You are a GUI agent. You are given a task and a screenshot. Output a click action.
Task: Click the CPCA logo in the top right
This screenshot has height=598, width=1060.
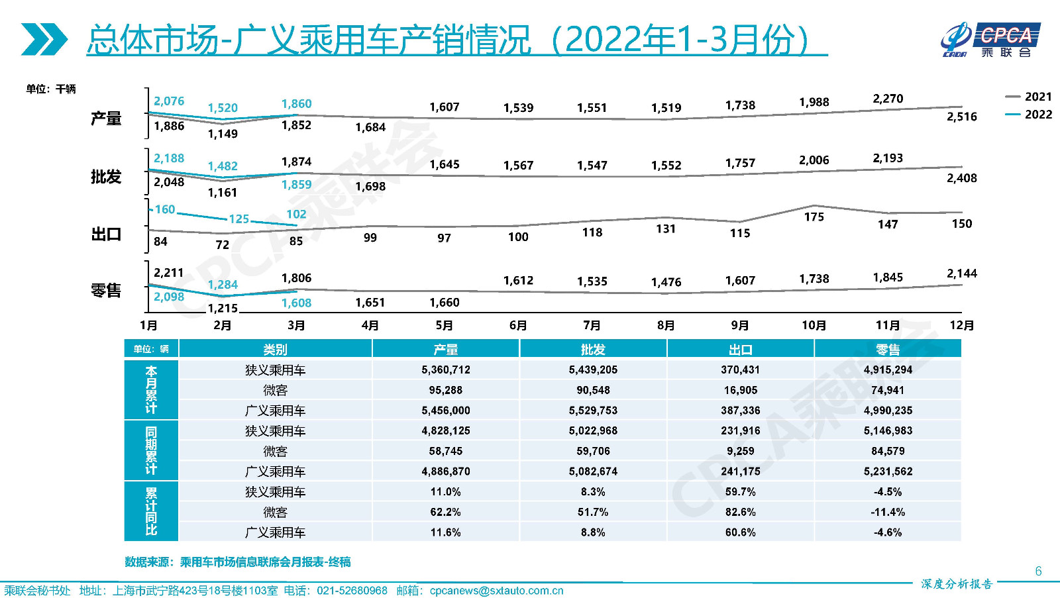pyautogui.click(x=990, y=40)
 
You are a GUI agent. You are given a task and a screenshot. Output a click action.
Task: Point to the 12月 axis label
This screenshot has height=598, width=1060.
pyautogui.click(x=961, y=325)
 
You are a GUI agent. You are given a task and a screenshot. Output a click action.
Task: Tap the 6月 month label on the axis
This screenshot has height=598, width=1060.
pyautogui.click(x=518, y=325)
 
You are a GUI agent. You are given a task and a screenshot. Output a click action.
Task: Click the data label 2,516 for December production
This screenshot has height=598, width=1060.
pyautogui.click(x=961, y=117)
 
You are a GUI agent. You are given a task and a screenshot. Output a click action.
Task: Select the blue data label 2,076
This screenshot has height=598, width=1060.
pyautogui.click(x=169, y=101)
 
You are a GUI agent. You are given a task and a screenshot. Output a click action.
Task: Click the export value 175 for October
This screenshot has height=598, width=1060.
pyautogui.click(x=814, y=217)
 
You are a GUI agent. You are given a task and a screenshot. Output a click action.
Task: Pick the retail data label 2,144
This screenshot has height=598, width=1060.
pyautogui.click(x=961, y=274)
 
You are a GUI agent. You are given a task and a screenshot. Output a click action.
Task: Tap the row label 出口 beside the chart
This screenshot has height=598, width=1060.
pyautogui.click(x=106, y=234)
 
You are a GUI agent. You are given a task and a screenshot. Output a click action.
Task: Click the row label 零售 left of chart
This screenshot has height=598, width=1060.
pyautogui.click(x=106, y=291)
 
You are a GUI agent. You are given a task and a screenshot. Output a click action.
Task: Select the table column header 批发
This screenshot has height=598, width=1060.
pyautogui.click(x=593, y=349)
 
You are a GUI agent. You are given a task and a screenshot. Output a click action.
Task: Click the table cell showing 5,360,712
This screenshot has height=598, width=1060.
pyautogui.click(x=446, y=370)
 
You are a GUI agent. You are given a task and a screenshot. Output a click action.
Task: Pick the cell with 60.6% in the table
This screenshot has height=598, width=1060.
pyautogui.click(x=740, y=532)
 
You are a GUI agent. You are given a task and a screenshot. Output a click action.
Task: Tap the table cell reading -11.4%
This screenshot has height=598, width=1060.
pyautogui.click(x=888, y=512)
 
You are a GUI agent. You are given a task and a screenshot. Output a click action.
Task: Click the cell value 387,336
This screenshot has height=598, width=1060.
pyautogui.click(x=740, y=411)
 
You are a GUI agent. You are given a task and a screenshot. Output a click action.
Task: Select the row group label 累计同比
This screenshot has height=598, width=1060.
pyautogui.click(x=151, y=511)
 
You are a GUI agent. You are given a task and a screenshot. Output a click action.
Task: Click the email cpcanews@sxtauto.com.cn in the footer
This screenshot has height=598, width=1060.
pyautogui.click(x=496, y=591)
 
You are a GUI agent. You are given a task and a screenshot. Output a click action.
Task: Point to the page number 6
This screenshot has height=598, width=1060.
pyautogui.click(x=1038, y=571)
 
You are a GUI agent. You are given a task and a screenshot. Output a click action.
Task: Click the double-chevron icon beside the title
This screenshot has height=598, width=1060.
pyautogui.click(x=44, y=39)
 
